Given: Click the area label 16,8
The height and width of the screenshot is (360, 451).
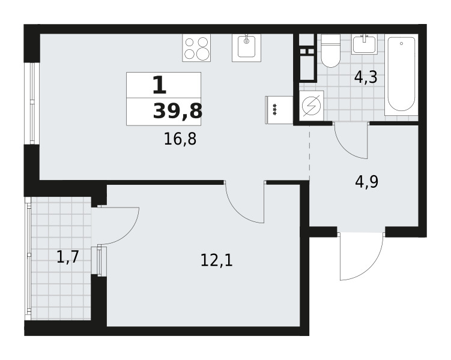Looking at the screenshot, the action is point(180,139).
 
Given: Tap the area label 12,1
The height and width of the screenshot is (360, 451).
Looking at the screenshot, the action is point(216,261).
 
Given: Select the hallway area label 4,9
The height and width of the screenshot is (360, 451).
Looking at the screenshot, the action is point(367,182).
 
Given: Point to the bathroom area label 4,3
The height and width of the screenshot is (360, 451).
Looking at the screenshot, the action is point(366,77).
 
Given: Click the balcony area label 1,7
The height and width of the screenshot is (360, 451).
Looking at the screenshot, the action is point(68,257).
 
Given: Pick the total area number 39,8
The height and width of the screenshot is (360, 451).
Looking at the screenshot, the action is point(178,111).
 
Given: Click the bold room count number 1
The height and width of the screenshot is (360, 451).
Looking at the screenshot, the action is point(160,85).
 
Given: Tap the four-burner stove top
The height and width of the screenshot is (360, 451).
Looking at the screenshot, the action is point(196,47).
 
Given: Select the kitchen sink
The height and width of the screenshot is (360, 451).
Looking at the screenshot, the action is point(246,47).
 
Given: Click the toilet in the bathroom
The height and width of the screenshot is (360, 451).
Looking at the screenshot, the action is point(330,51).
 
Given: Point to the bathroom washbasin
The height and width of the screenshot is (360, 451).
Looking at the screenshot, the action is point(365,44).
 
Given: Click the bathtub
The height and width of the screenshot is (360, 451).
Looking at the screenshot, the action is point(401,75).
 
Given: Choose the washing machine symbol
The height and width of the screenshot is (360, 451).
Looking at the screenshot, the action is point(311,106).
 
